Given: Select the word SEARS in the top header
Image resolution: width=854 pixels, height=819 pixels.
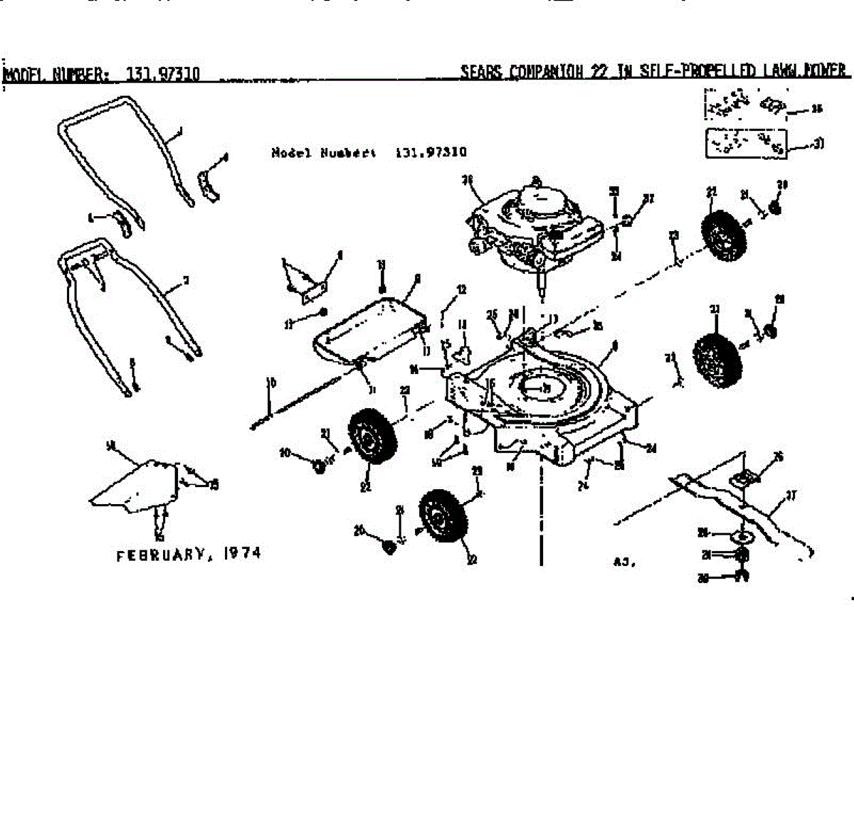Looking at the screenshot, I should (481, 72).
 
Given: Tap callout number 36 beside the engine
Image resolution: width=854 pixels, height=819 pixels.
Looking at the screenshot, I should (468, 181).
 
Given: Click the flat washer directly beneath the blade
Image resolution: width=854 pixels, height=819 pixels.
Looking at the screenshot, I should (741, 533).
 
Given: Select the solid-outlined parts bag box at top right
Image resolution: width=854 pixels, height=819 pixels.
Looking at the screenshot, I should (746, 143).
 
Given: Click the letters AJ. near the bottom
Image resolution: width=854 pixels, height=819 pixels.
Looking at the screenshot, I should (623, 562).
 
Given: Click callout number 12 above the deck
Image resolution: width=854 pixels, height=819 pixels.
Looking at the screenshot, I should (461, 290).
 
